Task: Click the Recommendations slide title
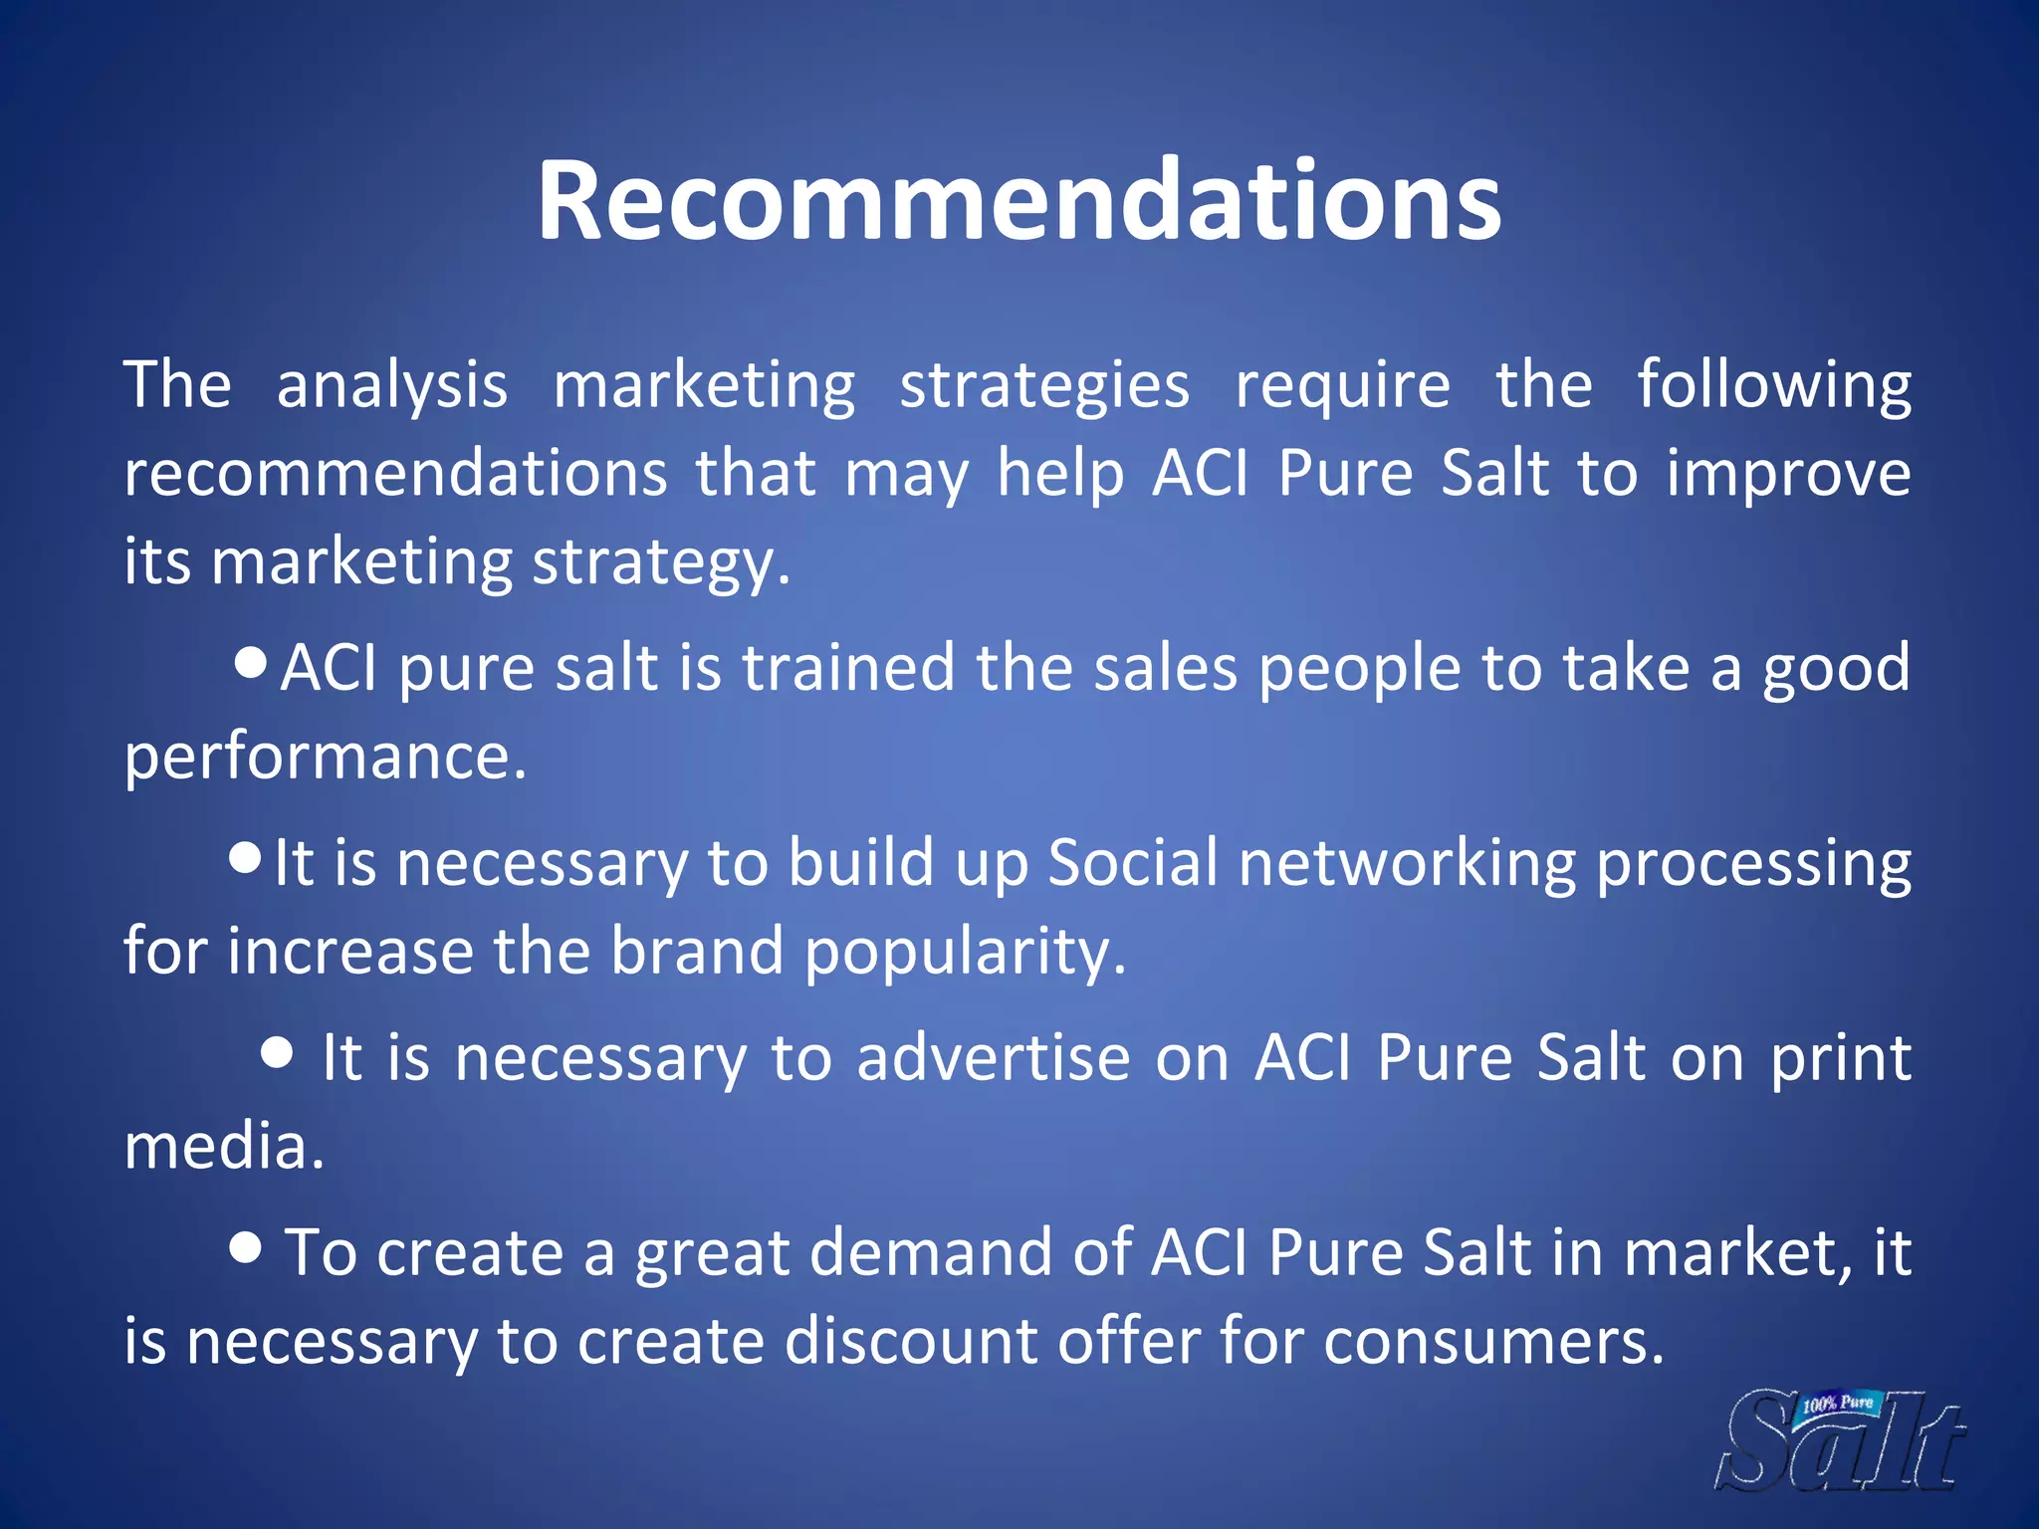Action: click(1019, 201)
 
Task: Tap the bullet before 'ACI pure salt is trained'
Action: click(251, 661)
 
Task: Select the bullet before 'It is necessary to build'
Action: click(245, 856)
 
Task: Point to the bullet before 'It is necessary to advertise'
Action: click(277, 1051)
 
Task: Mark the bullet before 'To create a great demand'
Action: click(245, 1246)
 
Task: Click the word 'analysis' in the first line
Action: click(391, 386)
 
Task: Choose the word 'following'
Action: click(1773, 386)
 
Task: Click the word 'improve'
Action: click(1788, 474)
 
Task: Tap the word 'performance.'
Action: click(325, 757)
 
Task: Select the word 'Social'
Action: click(1133, 862)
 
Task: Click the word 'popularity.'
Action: click(965, 952)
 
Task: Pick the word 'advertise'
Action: click(993, 1057)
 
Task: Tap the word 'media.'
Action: click(224, 1147)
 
